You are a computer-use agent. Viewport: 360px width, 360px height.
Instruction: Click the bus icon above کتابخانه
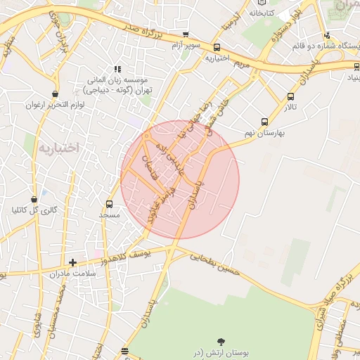coord(264,3)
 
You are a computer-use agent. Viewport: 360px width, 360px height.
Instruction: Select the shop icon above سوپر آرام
coord(186,34)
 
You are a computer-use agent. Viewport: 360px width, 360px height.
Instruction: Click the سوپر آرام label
coord(185,45)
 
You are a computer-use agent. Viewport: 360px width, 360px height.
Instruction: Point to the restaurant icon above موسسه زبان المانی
coord(117,69)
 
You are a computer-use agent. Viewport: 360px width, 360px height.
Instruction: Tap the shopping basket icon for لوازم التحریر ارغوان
coord(55,94)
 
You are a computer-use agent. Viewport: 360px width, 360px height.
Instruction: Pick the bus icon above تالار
coord(290,97)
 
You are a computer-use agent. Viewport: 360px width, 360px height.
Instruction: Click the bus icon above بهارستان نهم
coord(264,122)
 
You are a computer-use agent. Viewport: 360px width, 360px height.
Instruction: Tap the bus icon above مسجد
coord(109,204)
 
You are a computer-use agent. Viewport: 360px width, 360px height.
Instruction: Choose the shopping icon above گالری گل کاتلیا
coord(34,200)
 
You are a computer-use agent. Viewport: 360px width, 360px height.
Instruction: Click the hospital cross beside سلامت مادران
coord(72,262)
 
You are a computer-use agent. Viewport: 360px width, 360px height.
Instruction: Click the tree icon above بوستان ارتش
coord(223,340)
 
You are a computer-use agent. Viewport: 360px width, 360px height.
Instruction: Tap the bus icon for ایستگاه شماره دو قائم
coord(327,36)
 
